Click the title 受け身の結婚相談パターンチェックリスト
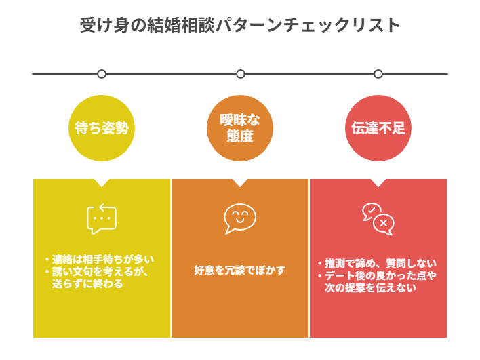240,26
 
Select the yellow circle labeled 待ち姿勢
102,128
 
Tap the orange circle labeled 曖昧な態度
240,128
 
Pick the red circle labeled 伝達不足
378,128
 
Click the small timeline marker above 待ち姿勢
102,74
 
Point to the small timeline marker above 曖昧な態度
240,74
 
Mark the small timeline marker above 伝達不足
378,74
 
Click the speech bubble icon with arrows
102,219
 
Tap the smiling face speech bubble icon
240,218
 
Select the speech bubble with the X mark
384,224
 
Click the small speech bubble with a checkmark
370,211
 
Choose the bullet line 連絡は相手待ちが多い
102,259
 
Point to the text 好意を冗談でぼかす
240,270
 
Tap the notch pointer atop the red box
378,182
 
